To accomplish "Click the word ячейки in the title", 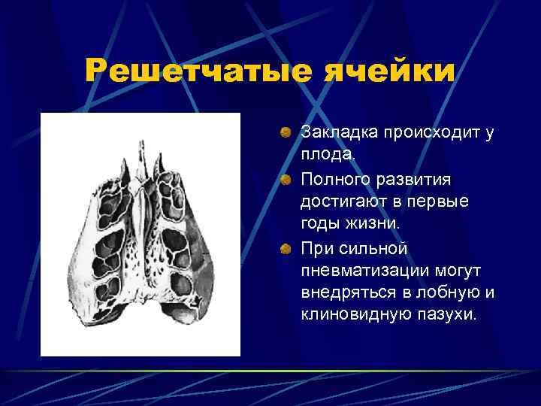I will coord(390,72).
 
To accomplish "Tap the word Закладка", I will coord(335,133).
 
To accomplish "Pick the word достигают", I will coord(346,202).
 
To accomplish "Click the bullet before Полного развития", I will coord(285,180).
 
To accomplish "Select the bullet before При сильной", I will coord(285,247).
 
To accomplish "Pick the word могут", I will coord(467,269).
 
